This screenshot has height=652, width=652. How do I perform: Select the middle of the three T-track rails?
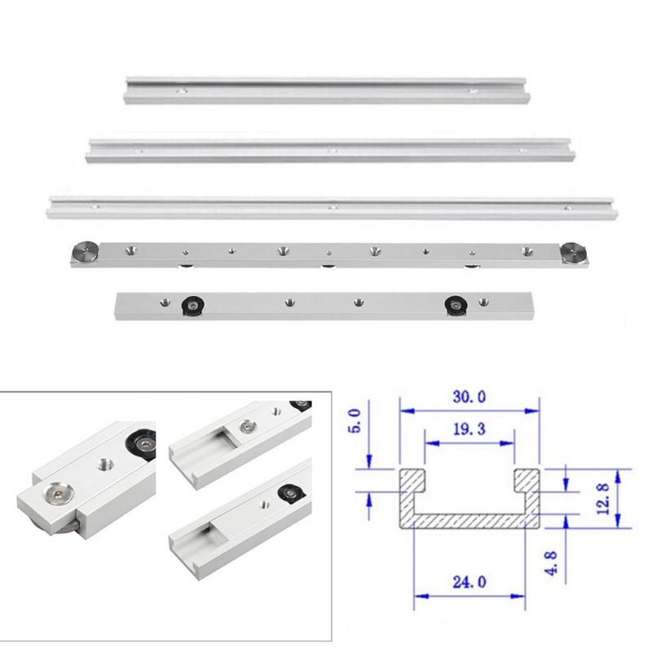pyautogui.click(x=330, y=150)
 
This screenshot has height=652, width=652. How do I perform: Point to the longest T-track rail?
pyautogui.click(x=330, y=207)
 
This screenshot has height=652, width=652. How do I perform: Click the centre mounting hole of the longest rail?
pyautogui.click(x=332, y=208)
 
